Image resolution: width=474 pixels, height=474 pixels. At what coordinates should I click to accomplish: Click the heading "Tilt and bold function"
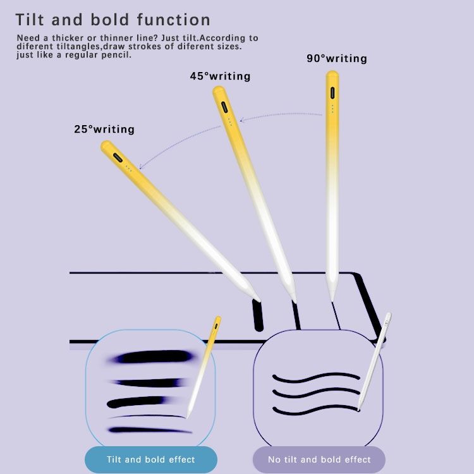coord(113,20)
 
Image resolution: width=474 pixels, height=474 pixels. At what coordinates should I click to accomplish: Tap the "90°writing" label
coord(337,59)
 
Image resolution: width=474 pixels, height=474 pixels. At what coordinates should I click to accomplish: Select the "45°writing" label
coord(220,76)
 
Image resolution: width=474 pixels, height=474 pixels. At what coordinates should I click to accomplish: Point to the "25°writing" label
coord(104,130)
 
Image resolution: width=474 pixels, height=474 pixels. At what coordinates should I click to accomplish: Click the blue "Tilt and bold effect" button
coord(151,459)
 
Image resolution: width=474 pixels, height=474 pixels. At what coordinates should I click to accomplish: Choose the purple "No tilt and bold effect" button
coord(319,459)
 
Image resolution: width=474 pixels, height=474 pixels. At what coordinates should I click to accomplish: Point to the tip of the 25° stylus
coord(259,299)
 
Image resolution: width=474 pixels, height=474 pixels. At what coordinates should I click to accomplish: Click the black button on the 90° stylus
coord(332,92)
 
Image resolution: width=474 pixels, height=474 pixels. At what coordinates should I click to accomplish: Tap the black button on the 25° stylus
coord(117,157)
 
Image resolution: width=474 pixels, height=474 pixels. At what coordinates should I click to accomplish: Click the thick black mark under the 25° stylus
coord(258,315)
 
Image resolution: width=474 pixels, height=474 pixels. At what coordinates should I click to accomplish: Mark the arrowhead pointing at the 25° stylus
coord(141,167)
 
